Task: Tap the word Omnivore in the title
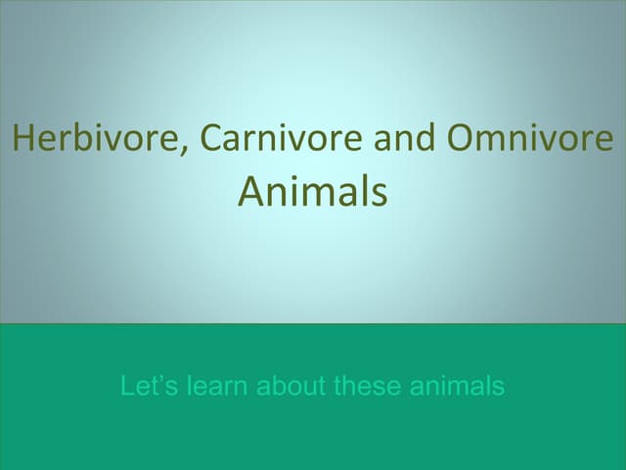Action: click(529, 139)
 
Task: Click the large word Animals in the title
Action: click(313, 192)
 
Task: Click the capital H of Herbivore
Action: click(22, 139)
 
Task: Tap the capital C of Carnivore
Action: click(212, 139)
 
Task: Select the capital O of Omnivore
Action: click(461, 139)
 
